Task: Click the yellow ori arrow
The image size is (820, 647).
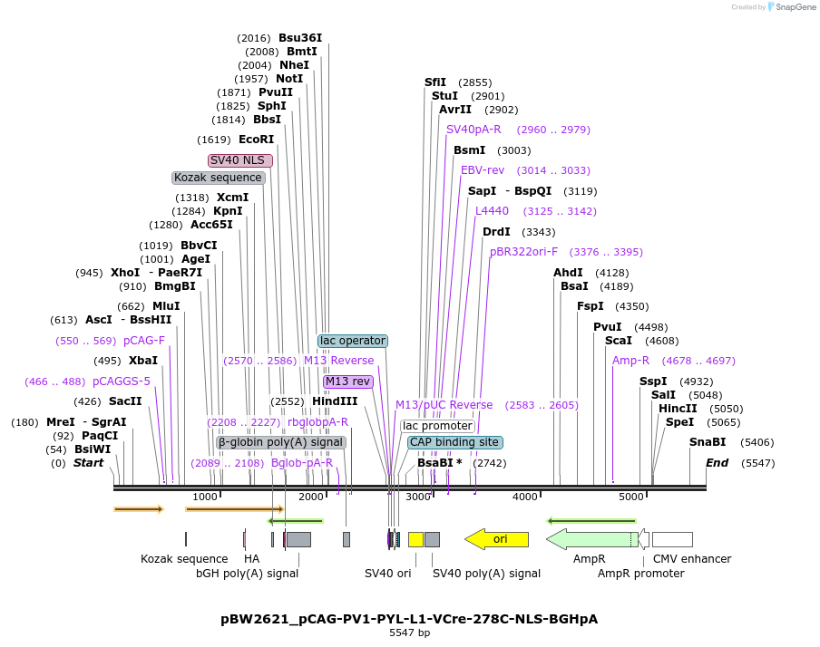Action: point(497,539)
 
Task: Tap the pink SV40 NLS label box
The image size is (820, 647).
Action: point(240,160)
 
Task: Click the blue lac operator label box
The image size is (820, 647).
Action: point(353,341)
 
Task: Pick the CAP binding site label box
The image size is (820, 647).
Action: point(454,442)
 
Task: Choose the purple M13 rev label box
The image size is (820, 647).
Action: point(347,381)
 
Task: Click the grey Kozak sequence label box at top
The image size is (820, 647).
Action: point(218,178)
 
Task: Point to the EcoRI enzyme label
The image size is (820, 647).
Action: point(256,140)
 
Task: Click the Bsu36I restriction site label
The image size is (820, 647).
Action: point(300,38)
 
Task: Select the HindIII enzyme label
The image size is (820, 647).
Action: point(335,401)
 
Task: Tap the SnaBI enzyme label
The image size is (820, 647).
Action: point(708,442)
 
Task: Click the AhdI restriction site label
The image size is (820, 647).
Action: point(568,273)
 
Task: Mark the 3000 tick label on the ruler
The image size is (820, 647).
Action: point(418,497)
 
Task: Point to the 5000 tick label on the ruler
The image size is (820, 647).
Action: point(631,497)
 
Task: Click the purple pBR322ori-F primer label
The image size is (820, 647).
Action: point(524,252)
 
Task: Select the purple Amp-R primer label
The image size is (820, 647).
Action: point(630,361)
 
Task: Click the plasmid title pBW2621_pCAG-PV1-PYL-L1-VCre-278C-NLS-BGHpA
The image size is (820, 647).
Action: point(409,619)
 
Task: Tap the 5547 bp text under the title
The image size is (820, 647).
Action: point(409,633)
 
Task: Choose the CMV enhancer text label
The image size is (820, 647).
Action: point(692,559)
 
